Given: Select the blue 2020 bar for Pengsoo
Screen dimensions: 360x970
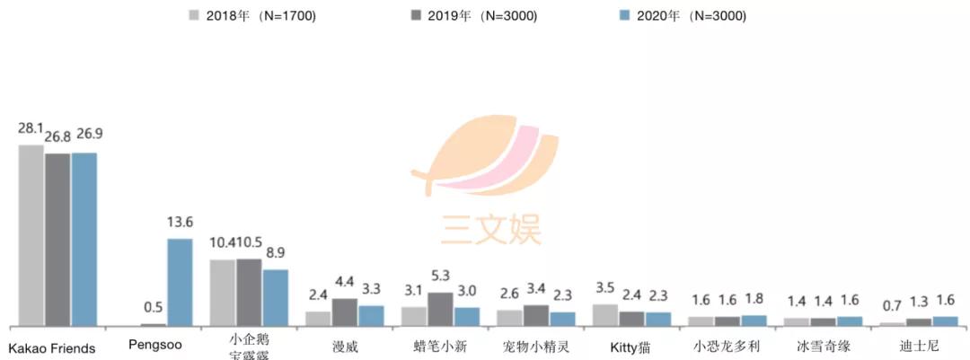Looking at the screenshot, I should [x=180, y=282].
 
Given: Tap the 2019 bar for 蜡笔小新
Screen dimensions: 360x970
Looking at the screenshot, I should [x=440, y=309].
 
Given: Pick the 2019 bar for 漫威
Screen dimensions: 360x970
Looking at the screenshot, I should [x=345, y=312].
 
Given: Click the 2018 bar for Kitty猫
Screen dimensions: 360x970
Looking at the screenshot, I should [x=604, y=314].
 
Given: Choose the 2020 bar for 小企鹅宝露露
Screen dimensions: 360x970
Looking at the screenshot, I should [x=276, y=297].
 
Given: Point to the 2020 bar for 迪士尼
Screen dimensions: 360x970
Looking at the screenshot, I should [x=945, y=320].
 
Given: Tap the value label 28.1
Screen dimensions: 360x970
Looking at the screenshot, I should [x=31, y=128].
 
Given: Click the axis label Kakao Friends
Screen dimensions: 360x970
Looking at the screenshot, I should [x=52, y=347].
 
